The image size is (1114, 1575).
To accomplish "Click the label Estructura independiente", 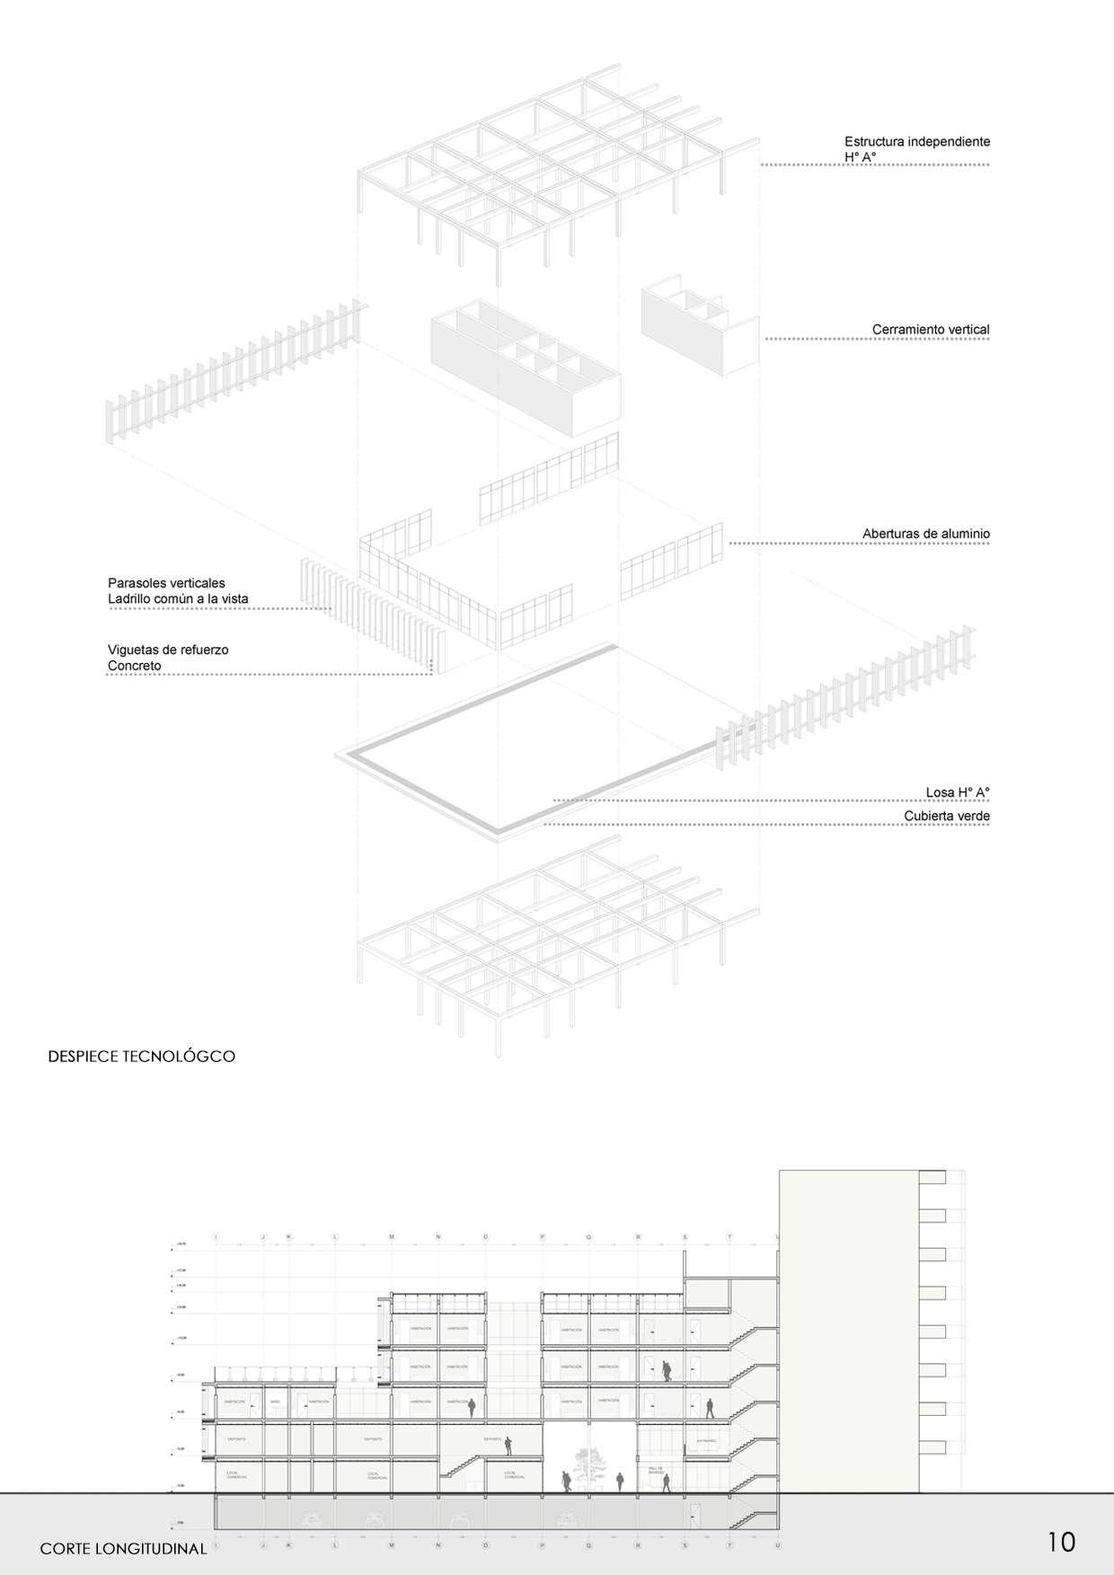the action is click(x=916, y=141).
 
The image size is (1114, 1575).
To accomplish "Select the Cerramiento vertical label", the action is click(x=930, y=330).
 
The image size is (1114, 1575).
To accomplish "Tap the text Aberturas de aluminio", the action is click(x=925, y=534).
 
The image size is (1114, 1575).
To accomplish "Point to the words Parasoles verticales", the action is click(x=166, y=583).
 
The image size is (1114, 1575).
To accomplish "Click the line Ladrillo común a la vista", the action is click(x=178, y=598).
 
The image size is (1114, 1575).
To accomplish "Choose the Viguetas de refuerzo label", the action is click(x=168, y=650).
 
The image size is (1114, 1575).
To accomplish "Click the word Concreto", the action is click(x=134, y=666).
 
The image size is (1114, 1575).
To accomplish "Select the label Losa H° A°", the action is click(x=957, y=792).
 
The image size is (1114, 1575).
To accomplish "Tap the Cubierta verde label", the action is click(x=946, y=816).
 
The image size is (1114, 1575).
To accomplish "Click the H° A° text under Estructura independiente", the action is click(x=860, y=156).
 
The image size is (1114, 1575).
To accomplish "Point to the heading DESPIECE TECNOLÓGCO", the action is click(x=141, y=1057).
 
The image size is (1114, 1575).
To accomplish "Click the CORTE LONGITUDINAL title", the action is click(x=123, y=1548).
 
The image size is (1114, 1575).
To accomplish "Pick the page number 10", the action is click(x=1060, y=1542).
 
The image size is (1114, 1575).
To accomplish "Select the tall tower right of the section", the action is click(x=848, y=1330).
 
